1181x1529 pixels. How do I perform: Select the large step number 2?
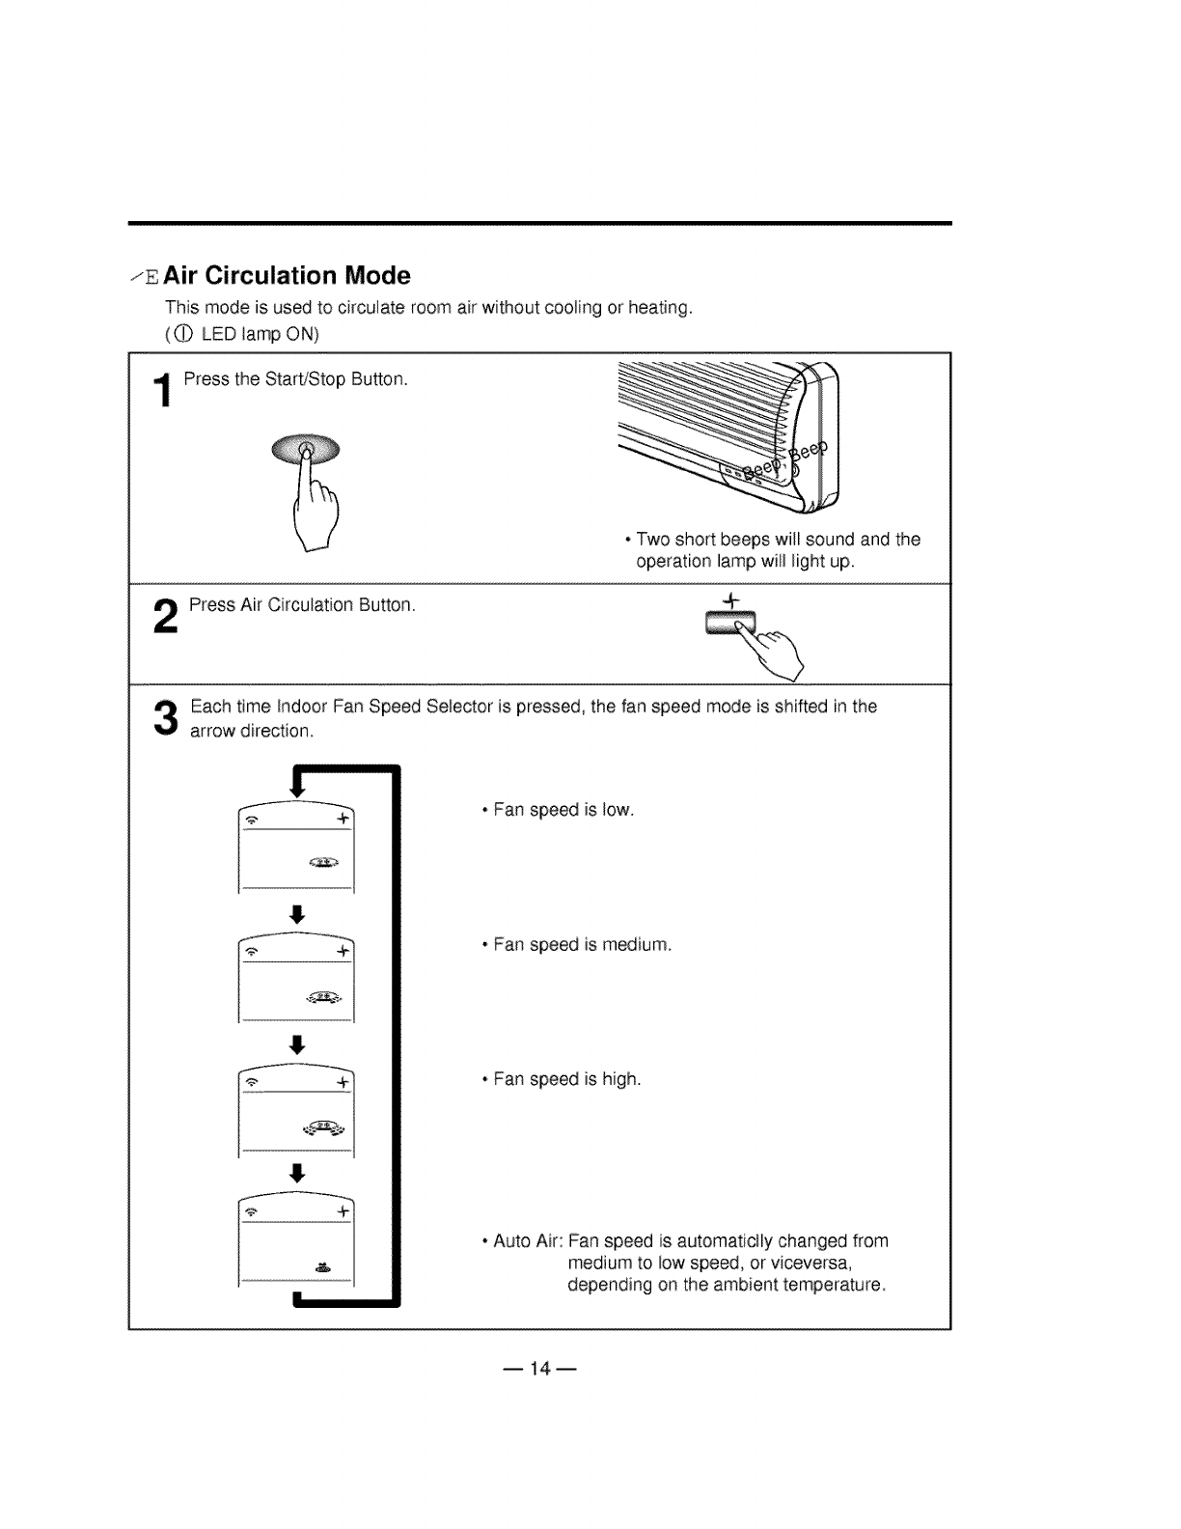(x=166, y=617)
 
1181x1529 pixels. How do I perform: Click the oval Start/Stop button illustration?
(x=306, y=448)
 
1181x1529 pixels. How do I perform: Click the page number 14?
(x=539, y=1368)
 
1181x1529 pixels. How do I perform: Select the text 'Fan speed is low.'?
(x=563, y=810)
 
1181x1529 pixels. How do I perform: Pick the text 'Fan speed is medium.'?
(x=582, y=945)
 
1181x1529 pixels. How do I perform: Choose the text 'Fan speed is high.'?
(x=567, y=1079)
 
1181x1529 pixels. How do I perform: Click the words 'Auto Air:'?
(x=527, y=1240)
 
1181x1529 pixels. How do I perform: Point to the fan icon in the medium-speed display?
(x=326, y=996)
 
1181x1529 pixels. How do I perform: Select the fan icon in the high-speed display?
(x=326, y=1128)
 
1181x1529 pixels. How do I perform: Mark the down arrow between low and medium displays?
(x=298, y=914)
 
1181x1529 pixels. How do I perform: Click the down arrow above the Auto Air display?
(x=298, y=1173)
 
